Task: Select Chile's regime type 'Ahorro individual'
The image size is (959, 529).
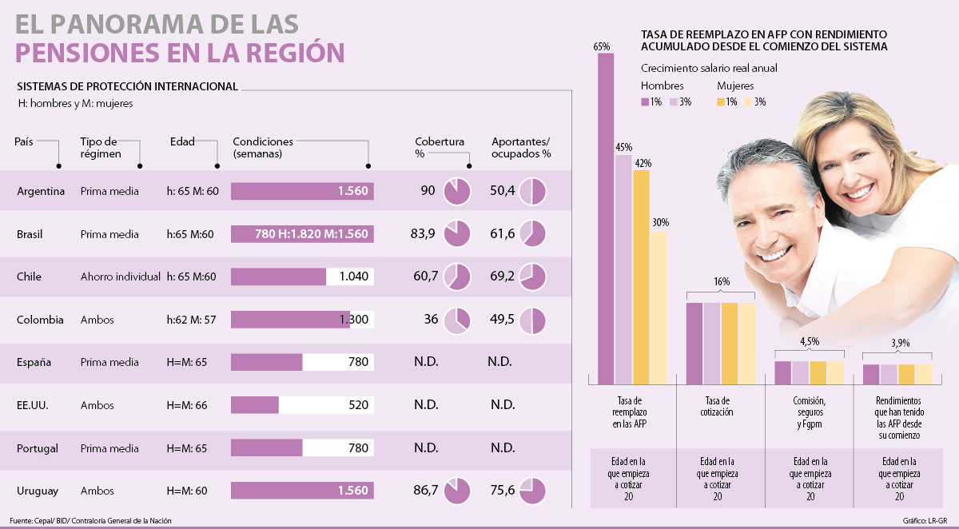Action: coord(121,276)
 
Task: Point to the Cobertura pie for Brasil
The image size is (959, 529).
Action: coord(456,234)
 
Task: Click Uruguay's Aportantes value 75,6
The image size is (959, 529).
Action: coord(505,491)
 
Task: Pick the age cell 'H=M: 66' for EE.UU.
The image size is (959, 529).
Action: coord(187,405)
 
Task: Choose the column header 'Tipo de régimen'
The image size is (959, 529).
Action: coord(99,148)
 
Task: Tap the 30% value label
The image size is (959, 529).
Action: coord(660,223)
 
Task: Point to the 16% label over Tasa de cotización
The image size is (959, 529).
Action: coord(722,280)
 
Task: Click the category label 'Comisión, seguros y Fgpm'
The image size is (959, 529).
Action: coord(810,412)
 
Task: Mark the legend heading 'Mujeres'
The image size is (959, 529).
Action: coord(735,86)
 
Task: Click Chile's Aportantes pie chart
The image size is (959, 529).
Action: coord(533,276)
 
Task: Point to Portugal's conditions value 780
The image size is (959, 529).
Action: coord(358,448)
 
